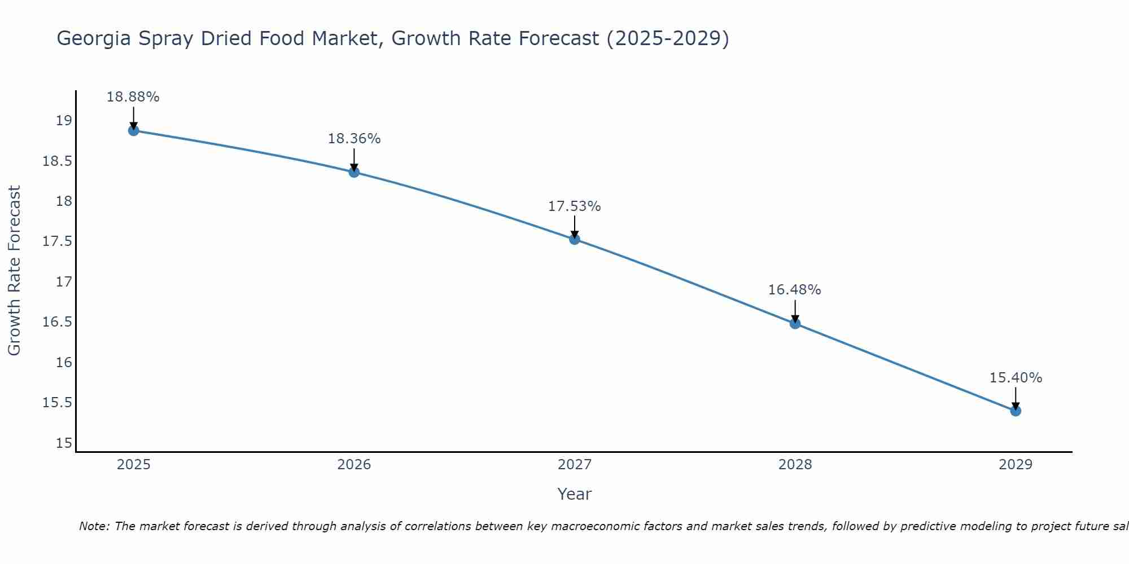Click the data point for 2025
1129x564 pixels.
[133, 131]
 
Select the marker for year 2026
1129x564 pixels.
[354, 172]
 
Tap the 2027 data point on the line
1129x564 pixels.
[575, 239]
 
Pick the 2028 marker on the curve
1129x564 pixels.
[795, 323]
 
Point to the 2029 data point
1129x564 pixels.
[1016, 411]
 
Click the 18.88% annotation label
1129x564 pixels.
[133, 97]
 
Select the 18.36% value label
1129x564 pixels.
[354, 139]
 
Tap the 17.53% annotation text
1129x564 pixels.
[575, 206]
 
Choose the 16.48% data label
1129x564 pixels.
[794, 290]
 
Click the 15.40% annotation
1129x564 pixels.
[1016, 378]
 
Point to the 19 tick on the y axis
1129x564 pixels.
[64, 121]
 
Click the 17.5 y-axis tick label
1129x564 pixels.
[58, 241]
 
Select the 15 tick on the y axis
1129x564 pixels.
[64, 443]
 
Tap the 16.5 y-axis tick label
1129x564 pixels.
[58, 322]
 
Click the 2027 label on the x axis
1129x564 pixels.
[575, 465]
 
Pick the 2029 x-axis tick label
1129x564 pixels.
[1016, 465]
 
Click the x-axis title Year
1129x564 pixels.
[574, 494]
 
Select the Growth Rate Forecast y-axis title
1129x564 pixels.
[14, 271]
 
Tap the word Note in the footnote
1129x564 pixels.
[94, 526]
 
